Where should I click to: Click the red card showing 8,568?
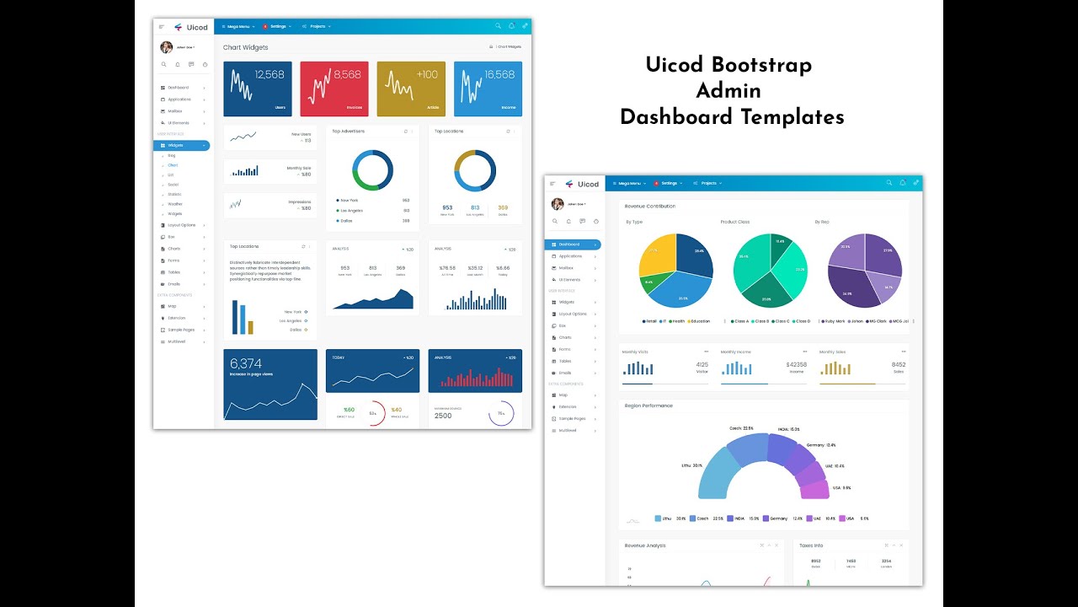(334, 89)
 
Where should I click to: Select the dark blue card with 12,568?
(258, 89)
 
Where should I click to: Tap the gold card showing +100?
(410, 89)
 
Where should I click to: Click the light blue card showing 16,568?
(488, 89)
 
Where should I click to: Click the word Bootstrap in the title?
(761, 65)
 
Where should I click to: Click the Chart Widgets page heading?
(245, 47)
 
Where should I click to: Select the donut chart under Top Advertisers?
(372, 171)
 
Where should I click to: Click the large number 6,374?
(246, 364)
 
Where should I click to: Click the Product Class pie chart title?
(734, 222)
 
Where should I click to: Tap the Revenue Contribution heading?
(649, 206)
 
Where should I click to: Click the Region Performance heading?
(648, 406)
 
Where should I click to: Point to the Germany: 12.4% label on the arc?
(820, 445)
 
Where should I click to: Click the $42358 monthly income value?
(796, 364)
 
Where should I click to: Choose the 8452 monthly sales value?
(898, 364)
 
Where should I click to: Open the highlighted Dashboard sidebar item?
(573, 244)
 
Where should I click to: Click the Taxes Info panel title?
(811, 545)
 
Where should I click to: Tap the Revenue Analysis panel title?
(645, 545)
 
